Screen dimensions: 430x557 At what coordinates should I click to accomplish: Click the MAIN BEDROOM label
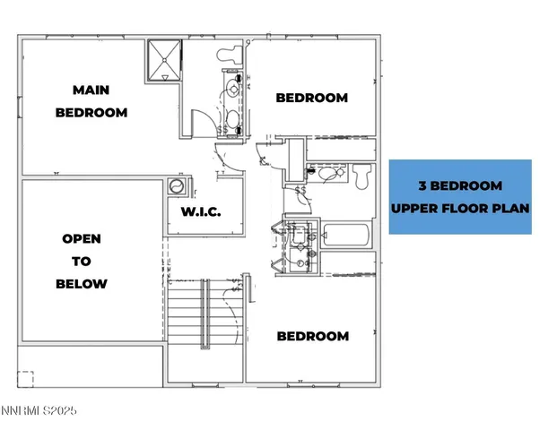click(91, 100)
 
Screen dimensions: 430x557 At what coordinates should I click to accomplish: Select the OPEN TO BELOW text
click(82, 262)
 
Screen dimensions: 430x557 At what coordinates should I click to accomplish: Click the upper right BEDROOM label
click(311, 98)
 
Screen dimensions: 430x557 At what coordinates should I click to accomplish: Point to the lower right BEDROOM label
click(312, 336)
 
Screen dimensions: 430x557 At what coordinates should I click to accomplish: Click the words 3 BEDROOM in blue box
click(460, 186)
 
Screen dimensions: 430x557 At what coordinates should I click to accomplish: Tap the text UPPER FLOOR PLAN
click(460, 208)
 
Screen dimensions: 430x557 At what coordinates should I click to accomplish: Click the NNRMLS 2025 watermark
click(39, 410)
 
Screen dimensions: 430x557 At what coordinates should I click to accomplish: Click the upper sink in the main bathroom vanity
click(232, 90)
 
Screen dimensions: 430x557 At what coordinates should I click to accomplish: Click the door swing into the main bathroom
click(205, 123)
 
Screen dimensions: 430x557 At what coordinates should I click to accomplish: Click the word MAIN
click(91, 89)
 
